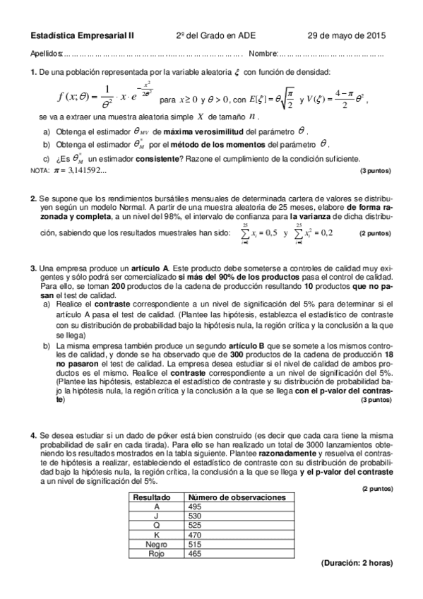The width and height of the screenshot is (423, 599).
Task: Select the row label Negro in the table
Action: pos(155,544)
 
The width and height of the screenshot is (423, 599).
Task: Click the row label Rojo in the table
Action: pos(155,553)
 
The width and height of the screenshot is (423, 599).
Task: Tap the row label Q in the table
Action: pos(155,526)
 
